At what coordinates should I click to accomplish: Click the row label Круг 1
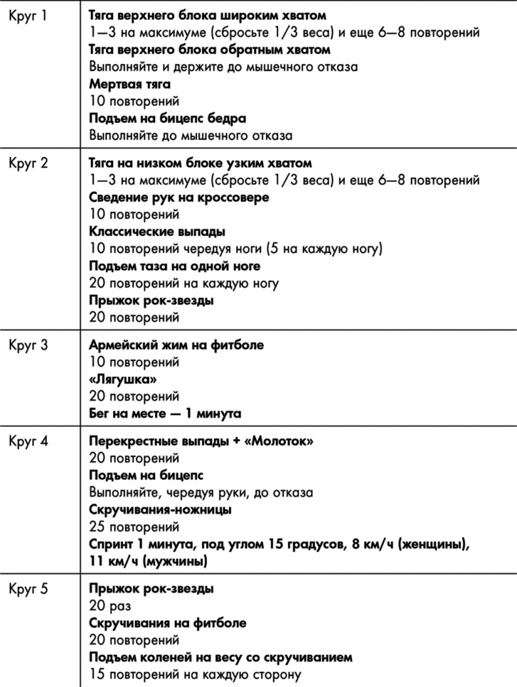coord(28,15)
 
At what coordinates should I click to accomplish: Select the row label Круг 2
coord(29,163)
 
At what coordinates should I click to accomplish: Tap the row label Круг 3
coord(29,346)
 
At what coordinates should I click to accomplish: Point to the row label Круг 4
coord(29,442)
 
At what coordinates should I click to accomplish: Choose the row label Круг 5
coord(29,589)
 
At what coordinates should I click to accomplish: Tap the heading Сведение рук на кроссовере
coord(179,197)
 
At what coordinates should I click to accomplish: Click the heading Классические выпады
coord(156,232)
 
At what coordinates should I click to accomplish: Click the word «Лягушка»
coord(125,380)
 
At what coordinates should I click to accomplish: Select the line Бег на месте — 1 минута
coord(165,414)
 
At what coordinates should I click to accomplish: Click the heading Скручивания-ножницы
coord(160,510)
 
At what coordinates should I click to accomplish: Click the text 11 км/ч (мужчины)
coord(148,561)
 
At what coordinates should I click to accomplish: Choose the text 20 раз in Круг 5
coord(111,606)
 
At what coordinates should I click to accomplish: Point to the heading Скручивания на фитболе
coord(168,623)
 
